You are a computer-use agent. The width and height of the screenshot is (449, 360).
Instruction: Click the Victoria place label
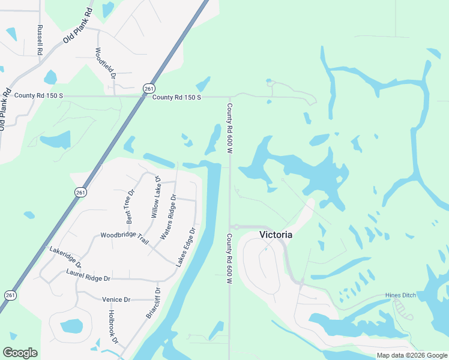(276, 235)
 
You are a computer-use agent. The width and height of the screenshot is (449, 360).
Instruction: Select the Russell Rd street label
(40, 41)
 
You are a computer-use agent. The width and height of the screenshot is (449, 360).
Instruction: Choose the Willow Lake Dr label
(156, 197)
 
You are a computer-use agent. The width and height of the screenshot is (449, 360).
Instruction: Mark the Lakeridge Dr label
(65, 256)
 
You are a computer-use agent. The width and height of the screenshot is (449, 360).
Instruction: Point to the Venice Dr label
(115, 299)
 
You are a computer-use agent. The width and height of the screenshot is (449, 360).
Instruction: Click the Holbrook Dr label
(112, 326)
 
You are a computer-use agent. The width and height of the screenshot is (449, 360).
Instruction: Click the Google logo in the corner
(20, 353)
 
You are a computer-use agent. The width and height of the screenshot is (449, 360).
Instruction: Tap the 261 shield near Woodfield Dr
(149, 88)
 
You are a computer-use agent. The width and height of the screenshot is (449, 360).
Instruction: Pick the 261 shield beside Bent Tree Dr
(80, 192)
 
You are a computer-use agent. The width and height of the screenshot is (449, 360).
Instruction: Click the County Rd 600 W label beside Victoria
(229, 255)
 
